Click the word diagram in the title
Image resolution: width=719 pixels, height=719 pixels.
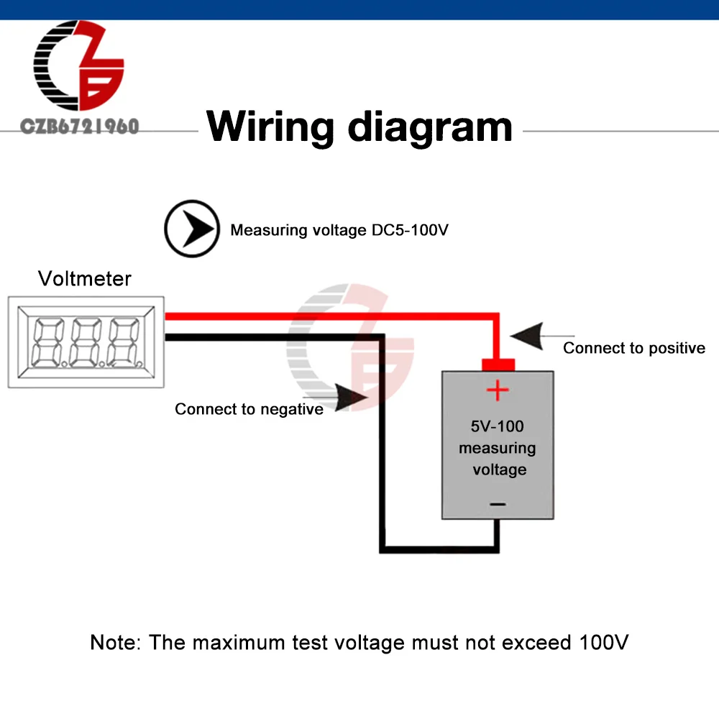[429, 127]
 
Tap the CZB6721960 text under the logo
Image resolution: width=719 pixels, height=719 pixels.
[79, 127]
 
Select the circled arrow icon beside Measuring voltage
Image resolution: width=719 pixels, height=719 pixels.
[191, 229]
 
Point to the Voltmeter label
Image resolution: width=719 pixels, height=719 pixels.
[85, 278]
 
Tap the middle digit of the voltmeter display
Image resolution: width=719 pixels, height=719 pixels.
[84, 342]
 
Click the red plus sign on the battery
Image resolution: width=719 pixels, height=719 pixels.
[497, 391]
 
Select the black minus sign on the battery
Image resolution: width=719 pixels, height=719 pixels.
[498, 505]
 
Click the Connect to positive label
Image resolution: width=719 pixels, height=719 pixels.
[633, 348]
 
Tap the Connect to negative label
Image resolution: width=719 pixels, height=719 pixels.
[249, 409]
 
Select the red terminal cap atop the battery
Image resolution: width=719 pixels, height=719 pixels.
[497, 365]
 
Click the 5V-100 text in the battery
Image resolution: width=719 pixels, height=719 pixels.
[498, 426]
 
